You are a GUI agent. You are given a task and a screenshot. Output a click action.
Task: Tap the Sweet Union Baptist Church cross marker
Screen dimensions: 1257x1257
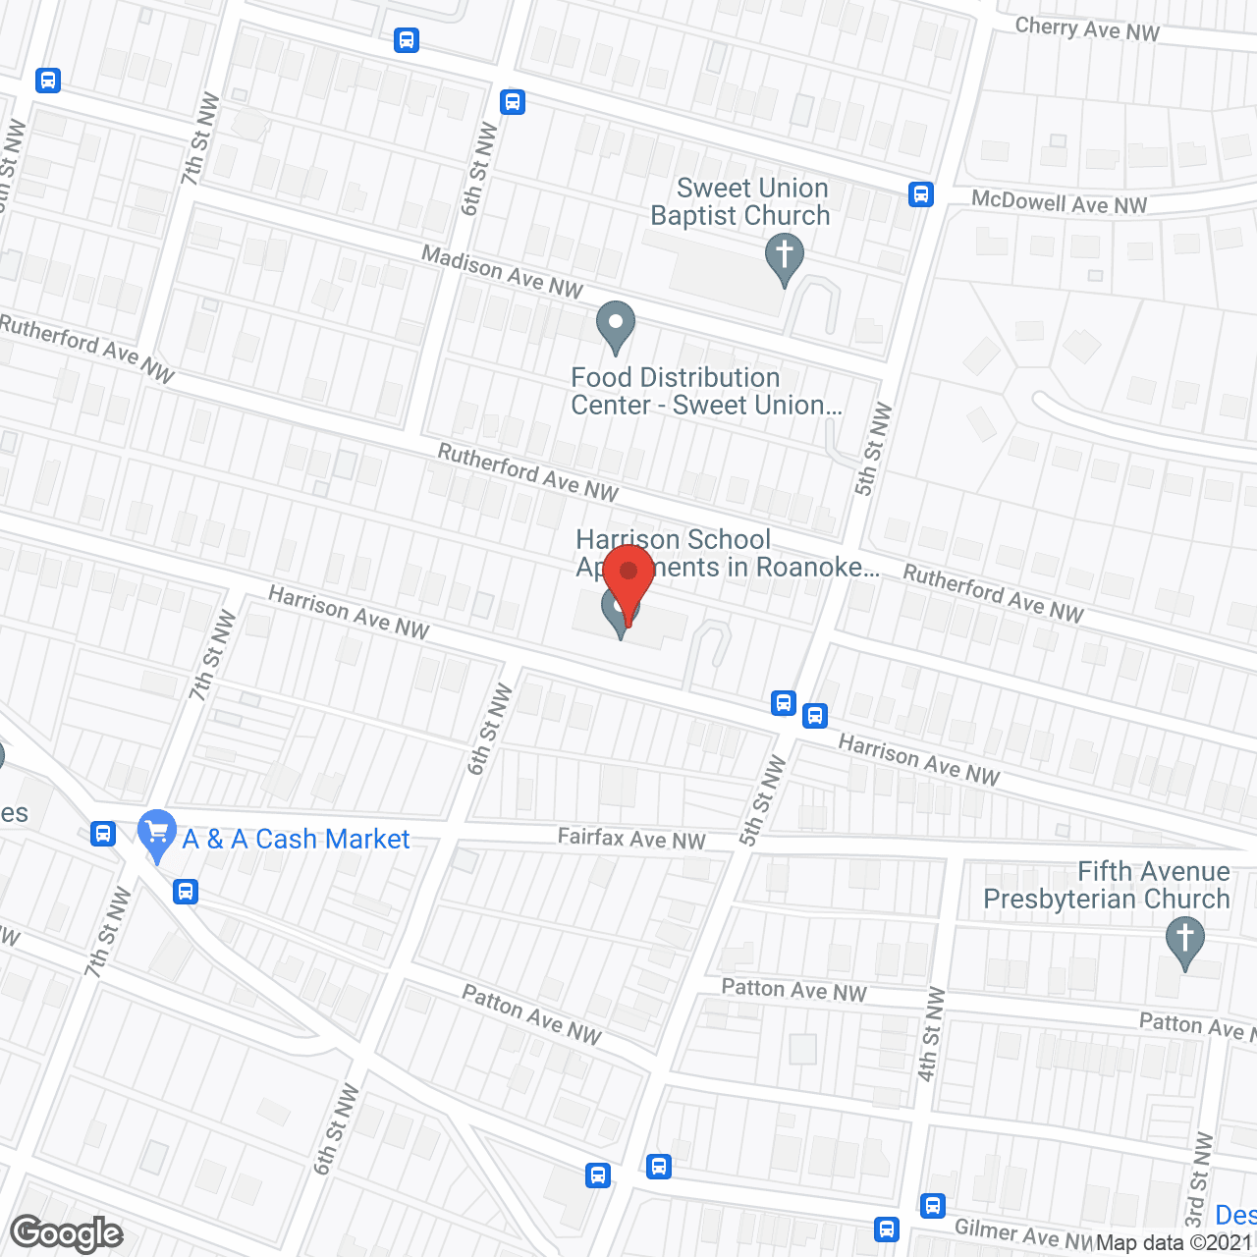(784, 257)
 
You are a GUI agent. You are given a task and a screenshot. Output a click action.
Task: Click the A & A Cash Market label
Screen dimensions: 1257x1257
(296, 840)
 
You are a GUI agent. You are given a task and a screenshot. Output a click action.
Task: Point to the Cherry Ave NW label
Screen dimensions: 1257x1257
(1087, 29)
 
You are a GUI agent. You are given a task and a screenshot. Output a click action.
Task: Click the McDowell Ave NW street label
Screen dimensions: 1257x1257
(1059, 203)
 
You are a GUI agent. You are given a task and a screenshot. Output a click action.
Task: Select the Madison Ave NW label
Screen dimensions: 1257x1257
(502, 271)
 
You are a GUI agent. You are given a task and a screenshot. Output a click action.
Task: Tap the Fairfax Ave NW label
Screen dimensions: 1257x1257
(631, 839)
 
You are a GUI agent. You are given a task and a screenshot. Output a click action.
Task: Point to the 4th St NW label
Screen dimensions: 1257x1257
(930, 1034)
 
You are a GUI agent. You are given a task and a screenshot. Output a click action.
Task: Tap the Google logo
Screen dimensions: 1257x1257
(67, 1233)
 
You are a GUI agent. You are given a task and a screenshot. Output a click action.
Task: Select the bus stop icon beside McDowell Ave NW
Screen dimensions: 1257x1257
(920, 194)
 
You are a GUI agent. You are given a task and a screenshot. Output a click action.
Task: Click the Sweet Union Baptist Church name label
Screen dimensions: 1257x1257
(741, 202)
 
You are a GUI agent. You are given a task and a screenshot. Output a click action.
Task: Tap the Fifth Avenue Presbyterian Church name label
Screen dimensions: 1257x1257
(1107, 885)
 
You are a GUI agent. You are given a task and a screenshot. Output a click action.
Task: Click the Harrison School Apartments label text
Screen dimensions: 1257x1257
(727, 553)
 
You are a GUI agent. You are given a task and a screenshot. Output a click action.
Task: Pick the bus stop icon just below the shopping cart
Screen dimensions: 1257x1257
(185, 892)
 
